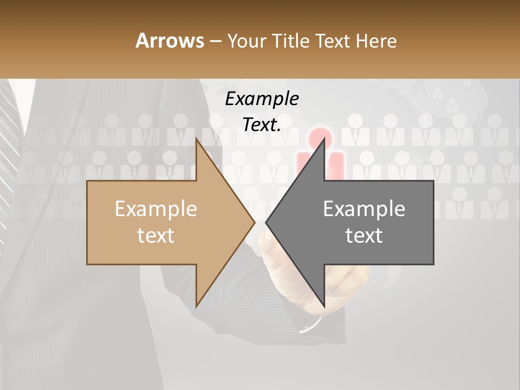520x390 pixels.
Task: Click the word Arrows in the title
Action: click(x=170, y=41)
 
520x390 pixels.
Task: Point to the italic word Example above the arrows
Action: click(x=262, y=99)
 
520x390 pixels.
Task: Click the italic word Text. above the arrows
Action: click(x=262, y=125)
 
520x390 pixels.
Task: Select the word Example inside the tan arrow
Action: click(x=156, y=209)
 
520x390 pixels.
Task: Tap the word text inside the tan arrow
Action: click(x=156, y=236)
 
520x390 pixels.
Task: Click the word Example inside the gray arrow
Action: click(x=364, y=209)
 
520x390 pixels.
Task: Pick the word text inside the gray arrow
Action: click(x=364, y=236)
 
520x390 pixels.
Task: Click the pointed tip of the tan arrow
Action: click(x=255, y=222)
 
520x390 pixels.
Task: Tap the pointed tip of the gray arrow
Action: click(x=266, y=222)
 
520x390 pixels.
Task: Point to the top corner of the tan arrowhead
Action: click(x=197, y=139)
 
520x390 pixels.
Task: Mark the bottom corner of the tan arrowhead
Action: click(x=197, y=307)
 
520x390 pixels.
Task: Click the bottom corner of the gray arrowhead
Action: click(x=324, y=307)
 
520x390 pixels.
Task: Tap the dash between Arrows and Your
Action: click(x=215, y=41)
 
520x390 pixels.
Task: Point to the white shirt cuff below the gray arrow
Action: click(x=311, y=326)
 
